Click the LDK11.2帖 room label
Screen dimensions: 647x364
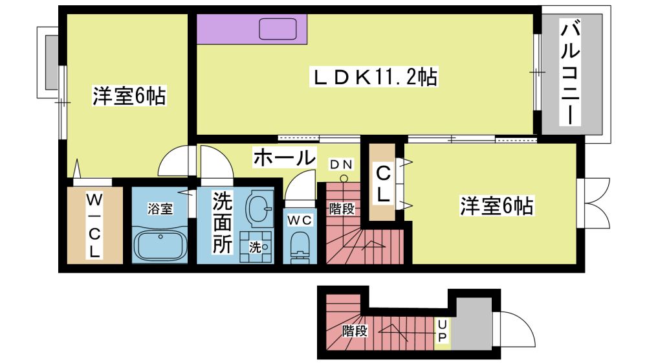[374, 77]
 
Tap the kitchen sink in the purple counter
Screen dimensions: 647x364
[278, 29]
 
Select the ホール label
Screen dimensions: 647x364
[284, 157]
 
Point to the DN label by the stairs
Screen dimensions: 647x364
[341, 165]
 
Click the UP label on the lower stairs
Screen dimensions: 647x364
[442, 330]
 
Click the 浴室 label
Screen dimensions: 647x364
[160, 209]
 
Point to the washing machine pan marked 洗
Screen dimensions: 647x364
[256, 247]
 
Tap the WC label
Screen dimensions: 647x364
[300, 220]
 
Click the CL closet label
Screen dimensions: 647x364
[382, 183]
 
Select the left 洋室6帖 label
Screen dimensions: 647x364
[129, 96]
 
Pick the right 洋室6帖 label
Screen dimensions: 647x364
[497, 205]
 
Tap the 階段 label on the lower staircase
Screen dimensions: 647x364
[355, 330]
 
